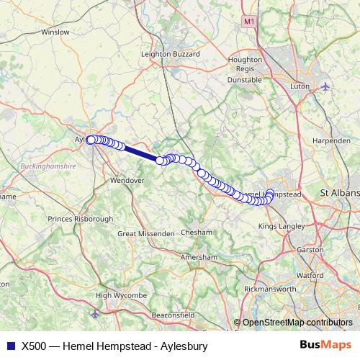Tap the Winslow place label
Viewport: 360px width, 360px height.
(x=55, y=32)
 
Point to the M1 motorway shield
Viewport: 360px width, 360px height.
(x=248, y=22)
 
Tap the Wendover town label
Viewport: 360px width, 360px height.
(x=127, y=181)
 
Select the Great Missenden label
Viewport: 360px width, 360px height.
(x=146, y=234)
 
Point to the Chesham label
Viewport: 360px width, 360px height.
(x=197, y=233)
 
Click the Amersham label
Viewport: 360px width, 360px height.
(x=198, y=257)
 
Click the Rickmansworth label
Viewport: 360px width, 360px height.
(x=271, y=289)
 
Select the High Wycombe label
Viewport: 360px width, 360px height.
(x=121, y=296)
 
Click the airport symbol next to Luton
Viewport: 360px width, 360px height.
(x=325, y=86)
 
